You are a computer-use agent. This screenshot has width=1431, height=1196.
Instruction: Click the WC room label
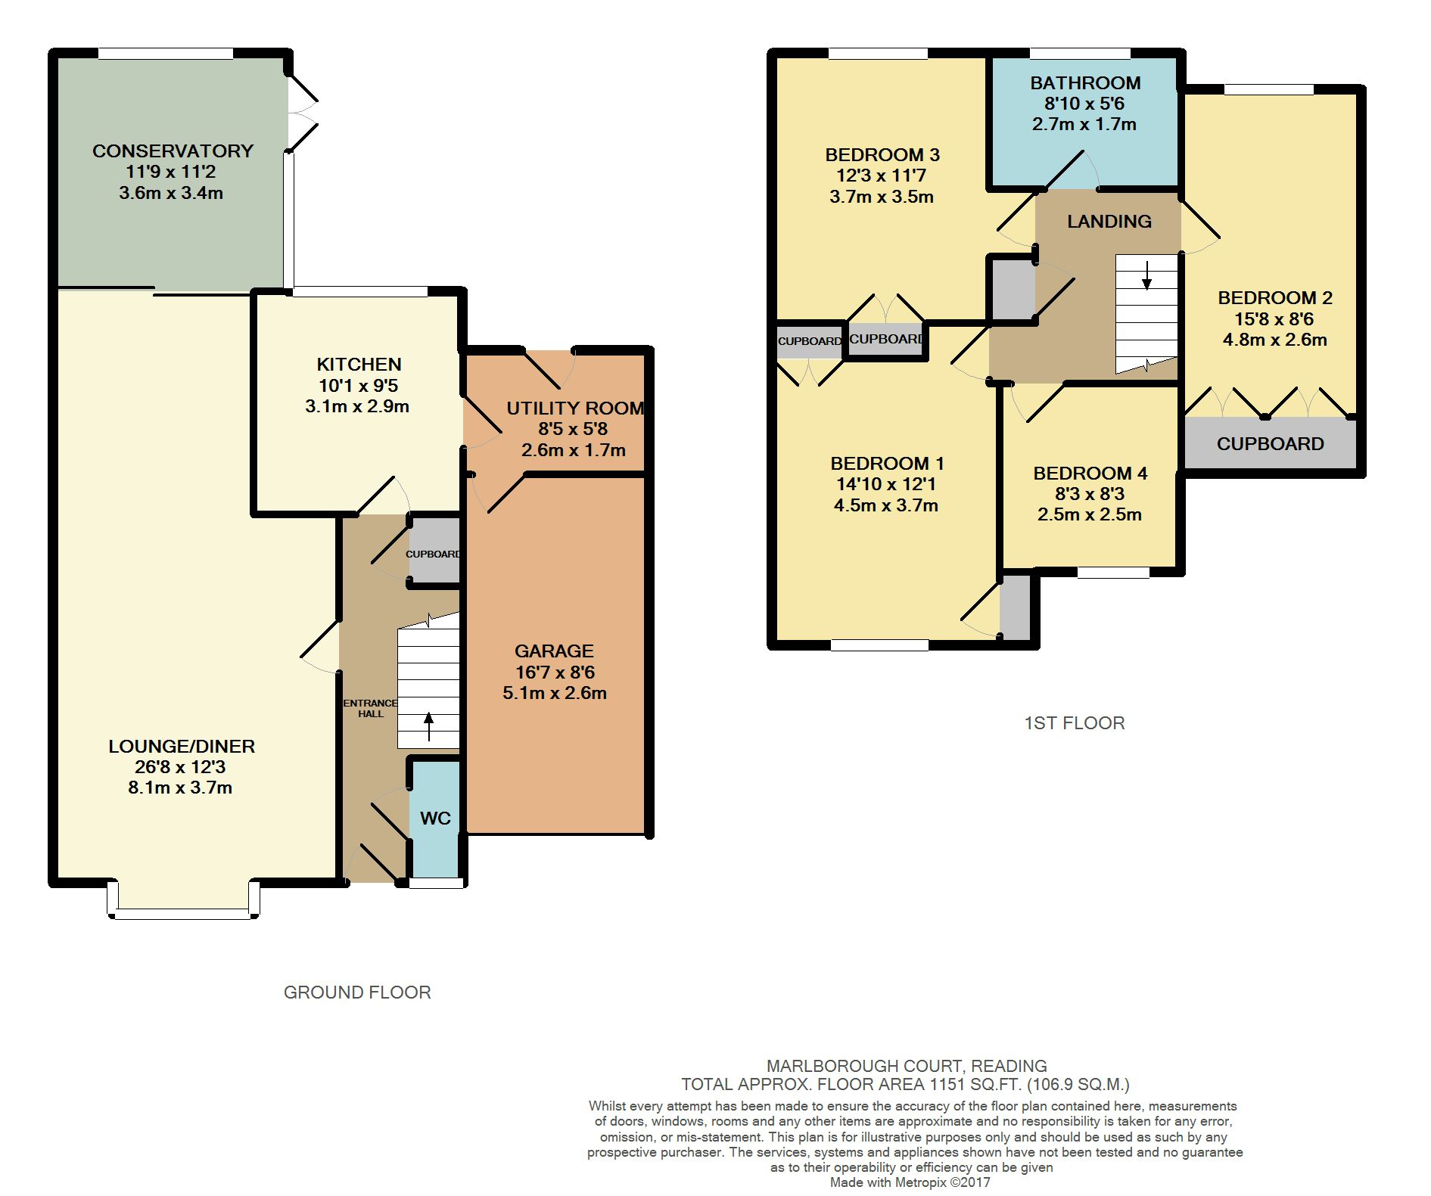point(435,818)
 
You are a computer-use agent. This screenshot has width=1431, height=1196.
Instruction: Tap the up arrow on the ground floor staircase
point(428,726)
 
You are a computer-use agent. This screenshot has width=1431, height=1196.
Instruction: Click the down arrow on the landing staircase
point(1147,275)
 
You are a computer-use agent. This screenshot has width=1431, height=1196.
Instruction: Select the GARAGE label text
point(554,651)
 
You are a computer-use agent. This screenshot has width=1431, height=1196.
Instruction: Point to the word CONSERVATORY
point(173,151)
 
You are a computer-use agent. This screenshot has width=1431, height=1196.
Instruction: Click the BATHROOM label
point(1085,82)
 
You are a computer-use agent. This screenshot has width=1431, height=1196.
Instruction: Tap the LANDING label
point(1109,221)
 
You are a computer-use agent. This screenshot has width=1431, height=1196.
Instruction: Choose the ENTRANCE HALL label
point(371,708)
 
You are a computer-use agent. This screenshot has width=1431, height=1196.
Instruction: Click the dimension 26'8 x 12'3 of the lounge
point(180,766)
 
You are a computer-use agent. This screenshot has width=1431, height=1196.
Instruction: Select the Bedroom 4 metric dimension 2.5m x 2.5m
point(1090,514)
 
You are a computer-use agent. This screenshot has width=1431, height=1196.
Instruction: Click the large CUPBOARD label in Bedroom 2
point(1271,444)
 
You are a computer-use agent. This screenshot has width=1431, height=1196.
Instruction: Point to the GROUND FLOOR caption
point(357,993)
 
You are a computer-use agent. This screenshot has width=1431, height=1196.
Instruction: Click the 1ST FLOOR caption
point(1075,723)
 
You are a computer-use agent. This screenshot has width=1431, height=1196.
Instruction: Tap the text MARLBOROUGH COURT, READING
point(907,1066)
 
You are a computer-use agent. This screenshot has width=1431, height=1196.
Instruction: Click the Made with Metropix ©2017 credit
point(910,1182)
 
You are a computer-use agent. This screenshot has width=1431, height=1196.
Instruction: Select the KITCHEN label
point(359,364)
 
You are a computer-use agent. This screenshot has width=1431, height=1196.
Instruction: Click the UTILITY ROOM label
point(575,409)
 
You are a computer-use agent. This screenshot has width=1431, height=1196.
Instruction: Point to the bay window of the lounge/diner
point(184,900)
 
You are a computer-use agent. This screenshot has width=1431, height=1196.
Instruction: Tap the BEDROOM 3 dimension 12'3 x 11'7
point(882,176)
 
